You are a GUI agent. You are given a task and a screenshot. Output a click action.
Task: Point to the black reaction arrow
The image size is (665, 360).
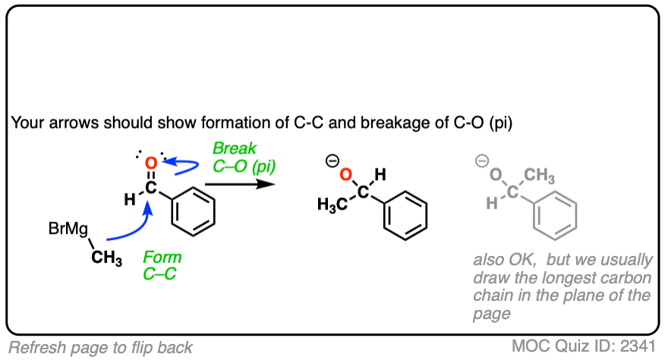click(239, 183)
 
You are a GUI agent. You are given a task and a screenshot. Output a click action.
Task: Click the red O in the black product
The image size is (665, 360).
click(345, 175)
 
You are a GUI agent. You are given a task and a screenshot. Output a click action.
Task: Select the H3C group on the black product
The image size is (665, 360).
click(331, 207)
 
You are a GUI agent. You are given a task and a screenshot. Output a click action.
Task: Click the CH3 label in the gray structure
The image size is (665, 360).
click(540, 176)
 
